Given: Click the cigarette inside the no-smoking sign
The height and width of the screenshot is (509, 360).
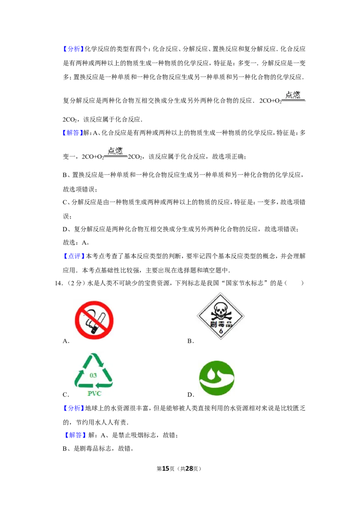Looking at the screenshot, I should click(x=95, y=321).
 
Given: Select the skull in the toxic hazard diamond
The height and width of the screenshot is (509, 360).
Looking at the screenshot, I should click(x=220, y=309).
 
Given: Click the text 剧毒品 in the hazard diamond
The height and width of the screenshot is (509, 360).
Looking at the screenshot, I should click(x=221, y=324).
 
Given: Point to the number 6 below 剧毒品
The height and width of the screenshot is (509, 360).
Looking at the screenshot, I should click(x=221, y=331).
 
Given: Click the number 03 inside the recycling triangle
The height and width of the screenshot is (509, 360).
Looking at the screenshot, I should click(x=93, y=375).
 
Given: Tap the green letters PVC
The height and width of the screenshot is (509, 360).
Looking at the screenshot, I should click(x=94, y=394).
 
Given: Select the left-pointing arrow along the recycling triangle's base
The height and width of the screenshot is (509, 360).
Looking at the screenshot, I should click(x=93, y=385).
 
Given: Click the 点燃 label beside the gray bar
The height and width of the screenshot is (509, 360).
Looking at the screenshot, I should click(x=293, y=94).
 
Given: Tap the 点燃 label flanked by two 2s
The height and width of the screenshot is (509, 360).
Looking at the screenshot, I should click(x=115, y=150).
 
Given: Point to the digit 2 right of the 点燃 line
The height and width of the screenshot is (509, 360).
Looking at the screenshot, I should click(x=129, y=157).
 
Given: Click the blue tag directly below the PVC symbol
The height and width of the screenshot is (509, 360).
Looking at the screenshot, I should click(x=73, y=408).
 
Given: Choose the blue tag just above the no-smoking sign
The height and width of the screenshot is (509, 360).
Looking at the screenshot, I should click(x=73, y=256).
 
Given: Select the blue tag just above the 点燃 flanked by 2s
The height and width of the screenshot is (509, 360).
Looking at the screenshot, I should click(x=72, y=133).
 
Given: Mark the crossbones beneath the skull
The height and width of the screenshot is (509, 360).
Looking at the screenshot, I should click(x=220, y=316).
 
